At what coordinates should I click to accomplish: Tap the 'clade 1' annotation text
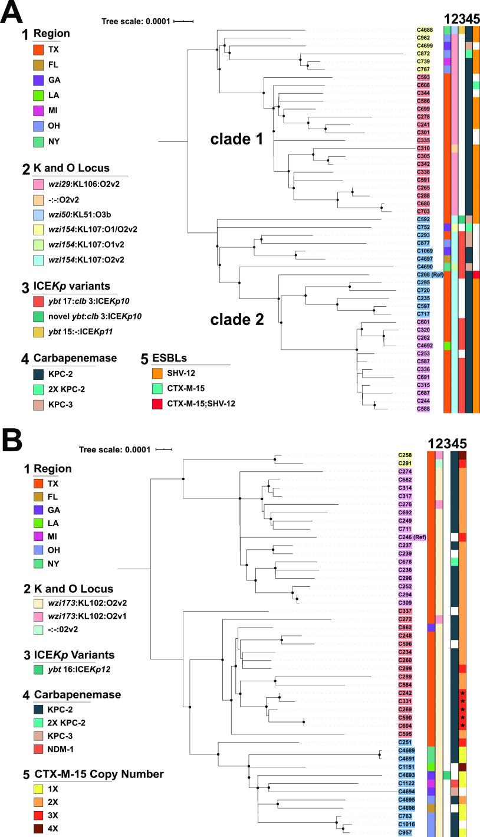click(237, 140)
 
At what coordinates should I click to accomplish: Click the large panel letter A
click(12, 13)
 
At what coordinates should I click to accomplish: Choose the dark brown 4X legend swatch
click(40, 828)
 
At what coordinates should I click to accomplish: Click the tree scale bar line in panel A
click(183, 21)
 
